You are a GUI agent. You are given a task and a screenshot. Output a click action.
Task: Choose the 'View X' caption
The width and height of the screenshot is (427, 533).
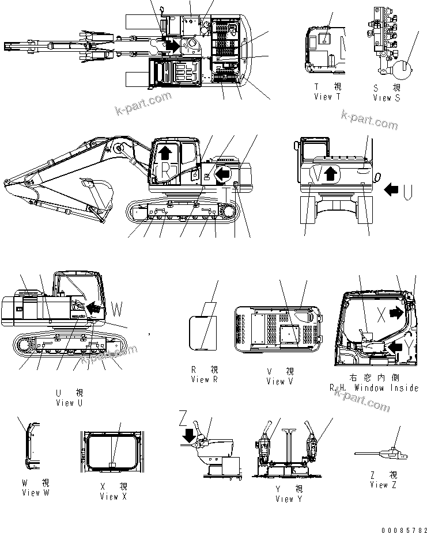109,496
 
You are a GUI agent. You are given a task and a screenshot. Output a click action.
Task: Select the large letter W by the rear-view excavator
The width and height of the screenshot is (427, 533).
118,311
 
